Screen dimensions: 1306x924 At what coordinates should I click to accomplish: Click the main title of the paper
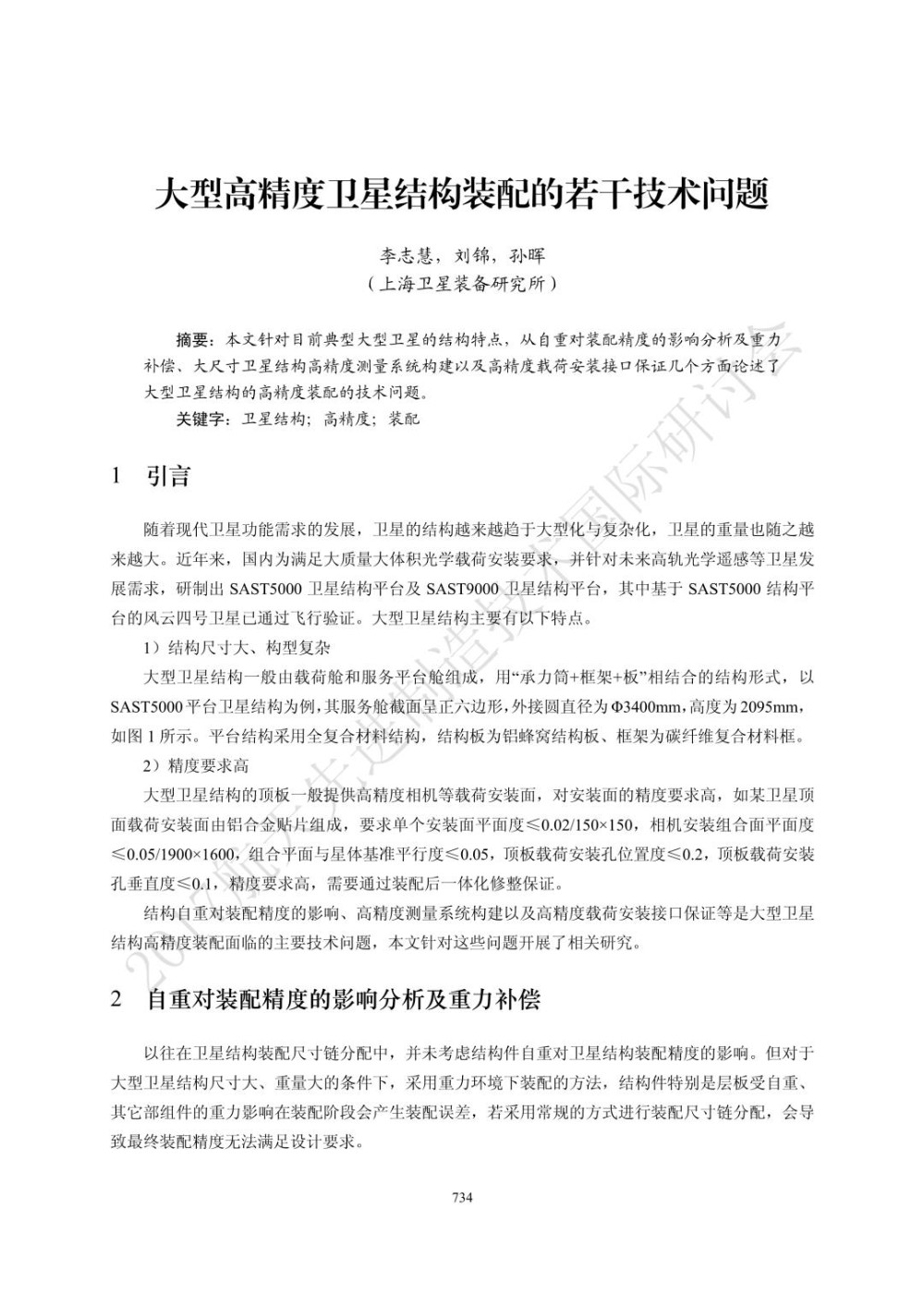click(461, 194)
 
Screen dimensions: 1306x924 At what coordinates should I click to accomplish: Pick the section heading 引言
click(167, 477)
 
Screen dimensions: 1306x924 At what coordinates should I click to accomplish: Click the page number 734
click(462, 1198)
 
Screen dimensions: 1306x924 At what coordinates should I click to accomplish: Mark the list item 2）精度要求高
click(196, 766)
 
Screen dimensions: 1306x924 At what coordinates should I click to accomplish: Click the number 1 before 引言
click(115, 477)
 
